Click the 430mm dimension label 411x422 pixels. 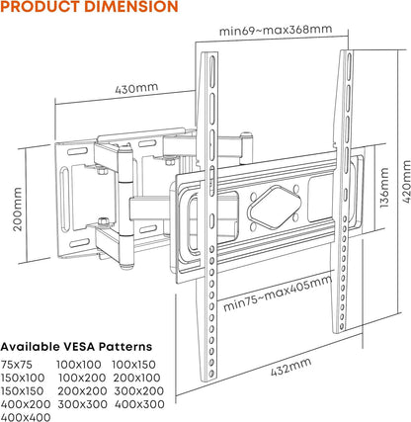point(136,88)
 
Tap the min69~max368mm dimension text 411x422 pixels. point(276,30)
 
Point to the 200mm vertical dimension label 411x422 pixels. point(18,210)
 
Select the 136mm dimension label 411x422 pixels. point(384,188)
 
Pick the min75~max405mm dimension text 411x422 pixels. point(278,293)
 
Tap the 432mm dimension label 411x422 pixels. point(291,367)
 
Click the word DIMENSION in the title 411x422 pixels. point(131,6)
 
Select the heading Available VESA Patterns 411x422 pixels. point(76,347)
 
